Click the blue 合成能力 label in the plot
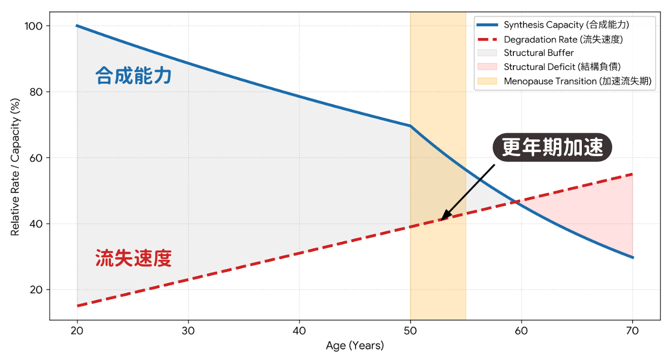133,76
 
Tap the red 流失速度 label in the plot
133,258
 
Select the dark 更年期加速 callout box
552,148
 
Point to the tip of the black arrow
441,220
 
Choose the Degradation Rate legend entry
563,39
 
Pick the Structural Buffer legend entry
539,53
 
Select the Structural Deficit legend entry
562,67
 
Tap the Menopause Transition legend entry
577,81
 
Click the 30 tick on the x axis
188,331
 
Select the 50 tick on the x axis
411,331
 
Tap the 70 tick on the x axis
632,331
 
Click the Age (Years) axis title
355,346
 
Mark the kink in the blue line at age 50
411,126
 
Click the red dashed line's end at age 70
632,174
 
